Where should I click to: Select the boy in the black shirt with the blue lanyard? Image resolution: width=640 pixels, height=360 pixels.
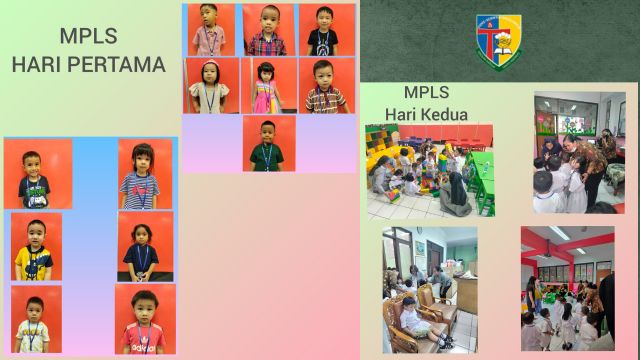pyautogui.click(x=321, y=30)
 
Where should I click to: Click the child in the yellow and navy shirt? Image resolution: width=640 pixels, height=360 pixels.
pyautogui.click(x=35, y=248)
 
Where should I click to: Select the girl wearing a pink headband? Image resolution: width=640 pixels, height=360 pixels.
pyautogui.click(x=211, y=87)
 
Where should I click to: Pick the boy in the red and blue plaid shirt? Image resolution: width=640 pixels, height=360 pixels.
pyautogui.click(x=267, y=30)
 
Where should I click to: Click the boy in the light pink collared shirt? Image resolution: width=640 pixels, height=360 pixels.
pyautogui.click(x=209, y=31)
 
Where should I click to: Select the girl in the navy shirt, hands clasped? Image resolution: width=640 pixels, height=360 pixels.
pyautogui.click(x=141, y=247)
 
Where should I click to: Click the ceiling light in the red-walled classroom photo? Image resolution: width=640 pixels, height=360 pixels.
pyautogui.click(x=559, y=234)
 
